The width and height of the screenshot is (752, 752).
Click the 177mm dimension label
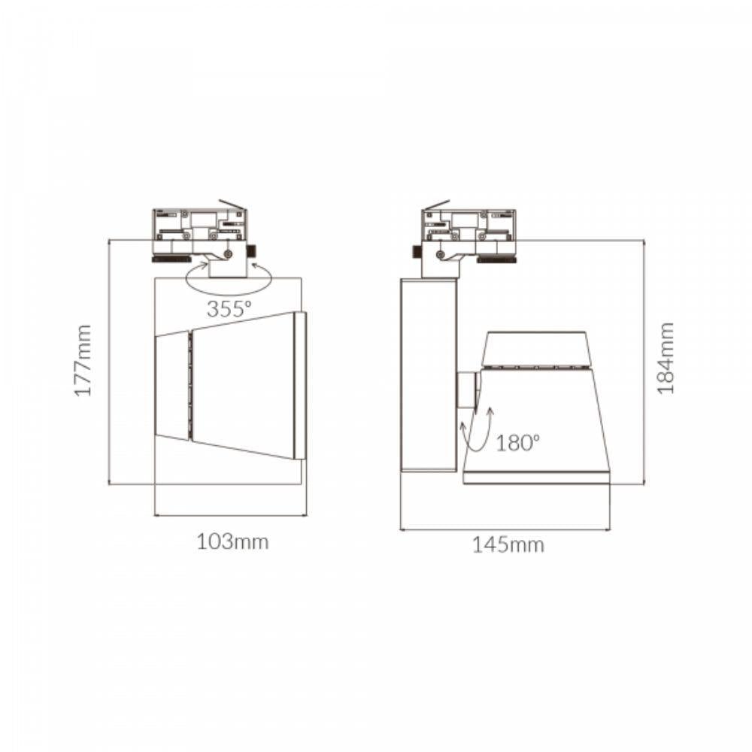83,361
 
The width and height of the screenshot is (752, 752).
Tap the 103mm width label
232,542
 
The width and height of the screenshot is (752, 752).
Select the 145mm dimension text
508,545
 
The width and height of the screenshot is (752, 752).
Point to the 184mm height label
666,358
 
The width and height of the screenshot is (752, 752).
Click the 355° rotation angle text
229,309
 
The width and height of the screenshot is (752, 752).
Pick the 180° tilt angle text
517,443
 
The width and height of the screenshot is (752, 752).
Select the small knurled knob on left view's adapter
251,251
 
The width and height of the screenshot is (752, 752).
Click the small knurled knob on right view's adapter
417,251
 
